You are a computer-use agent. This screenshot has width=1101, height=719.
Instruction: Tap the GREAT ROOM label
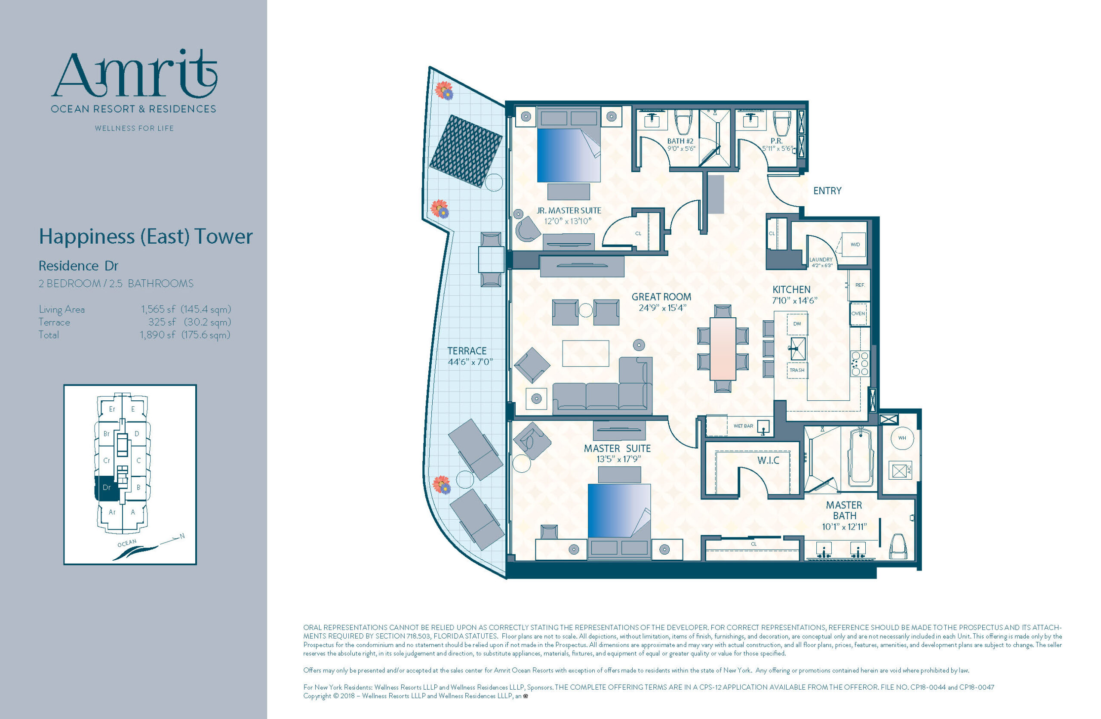click(x=661, y=297)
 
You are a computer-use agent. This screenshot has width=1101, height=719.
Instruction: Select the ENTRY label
click(x=827, y=191)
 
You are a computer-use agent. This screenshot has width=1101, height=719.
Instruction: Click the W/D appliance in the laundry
click(x=854, y=244)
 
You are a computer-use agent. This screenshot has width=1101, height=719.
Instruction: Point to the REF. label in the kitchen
click(x=860, y=285)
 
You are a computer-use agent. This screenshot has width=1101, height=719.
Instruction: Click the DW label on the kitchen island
click(x=797, y=324)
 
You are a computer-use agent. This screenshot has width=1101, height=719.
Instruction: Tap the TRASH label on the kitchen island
click(x=797, y=370)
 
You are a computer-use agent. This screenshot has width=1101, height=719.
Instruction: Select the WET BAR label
click(x=744, y=426)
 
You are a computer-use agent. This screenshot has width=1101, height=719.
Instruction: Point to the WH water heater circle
click(x=901, y=437)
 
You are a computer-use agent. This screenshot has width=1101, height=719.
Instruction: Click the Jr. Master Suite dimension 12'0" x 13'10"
click(x=568, y=221)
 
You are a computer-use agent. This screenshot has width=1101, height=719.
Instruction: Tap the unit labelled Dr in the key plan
click(x=106, y=487)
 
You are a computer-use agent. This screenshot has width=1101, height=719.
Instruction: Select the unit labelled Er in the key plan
click(x=112, y=409)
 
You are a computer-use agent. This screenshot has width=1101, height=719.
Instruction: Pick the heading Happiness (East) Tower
click(x=146, y=236)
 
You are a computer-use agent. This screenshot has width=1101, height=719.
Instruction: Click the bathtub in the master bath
click(x=861, y=457)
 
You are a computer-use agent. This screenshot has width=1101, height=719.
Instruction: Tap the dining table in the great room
click(x=723, y=348)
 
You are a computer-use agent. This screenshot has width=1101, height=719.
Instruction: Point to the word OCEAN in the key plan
click(x=127, y=543)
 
